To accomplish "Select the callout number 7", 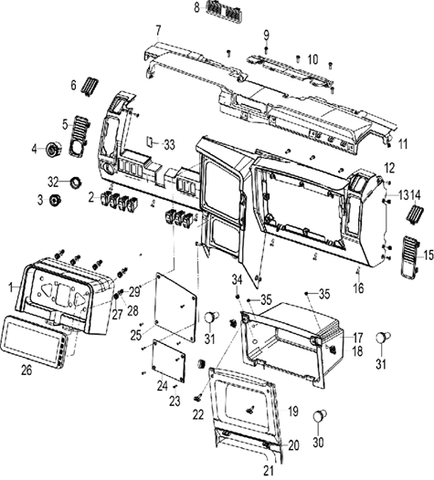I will point(158,30).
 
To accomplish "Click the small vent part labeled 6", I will point(90,88).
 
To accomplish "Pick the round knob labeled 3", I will point(55,199).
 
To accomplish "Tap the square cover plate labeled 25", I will point(174,300).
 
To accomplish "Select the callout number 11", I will point(401,144).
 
